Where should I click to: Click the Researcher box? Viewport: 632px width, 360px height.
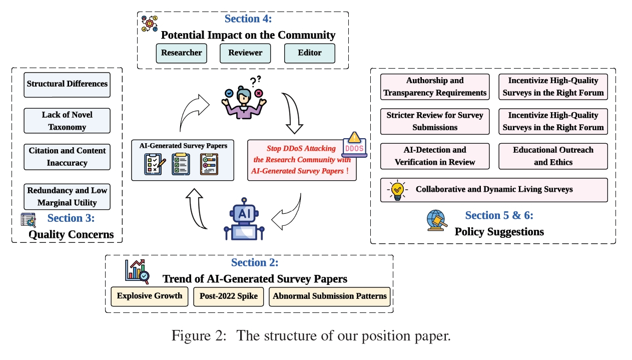[181, 53]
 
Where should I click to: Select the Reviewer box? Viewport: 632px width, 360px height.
[245, 53]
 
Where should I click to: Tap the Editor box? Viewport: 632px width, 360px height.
[309, 53]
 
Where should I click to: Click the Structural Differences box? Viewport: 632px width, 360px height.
[67, 84]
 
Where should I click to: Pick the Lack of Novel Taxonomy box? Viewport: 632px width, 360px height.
[67, 121]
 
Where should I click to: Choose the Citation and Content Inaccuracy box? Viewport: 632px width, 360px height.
[67, 157]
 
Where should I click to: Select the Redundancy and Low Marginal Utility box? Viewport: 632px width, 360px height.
[67, 196]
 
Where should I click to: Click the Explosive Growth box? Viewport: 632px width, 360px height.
[150, 296]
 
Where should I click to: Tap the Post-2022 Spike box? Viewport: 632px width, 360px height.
[229, 296]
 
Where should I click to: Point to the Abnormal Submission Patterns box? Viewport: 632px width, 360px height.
[330, 296]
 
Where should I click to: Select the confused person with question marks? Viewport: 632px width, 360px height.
[244, 97]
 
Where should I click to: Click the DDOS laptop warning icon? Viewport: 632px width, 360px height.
[354, 145]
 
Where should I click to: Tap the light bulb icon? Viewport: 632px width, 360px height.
[397, 190]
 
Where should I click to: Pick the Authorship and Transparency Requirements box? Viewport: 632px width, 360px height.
[435, 87]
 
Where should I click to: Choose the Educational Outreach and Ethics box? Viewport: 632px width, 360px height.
[553, 156]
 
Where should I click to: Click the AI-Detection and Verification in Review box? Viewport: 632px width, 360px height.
[435, 156]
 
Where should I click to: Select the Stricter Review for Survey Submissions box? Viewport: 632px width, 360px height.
[435, 121]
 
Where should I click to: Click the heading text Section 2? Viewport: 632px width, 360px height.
[255, 262]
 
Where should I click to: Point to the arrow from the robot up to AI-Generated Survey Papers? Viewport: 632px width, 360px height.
[198, 208]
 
